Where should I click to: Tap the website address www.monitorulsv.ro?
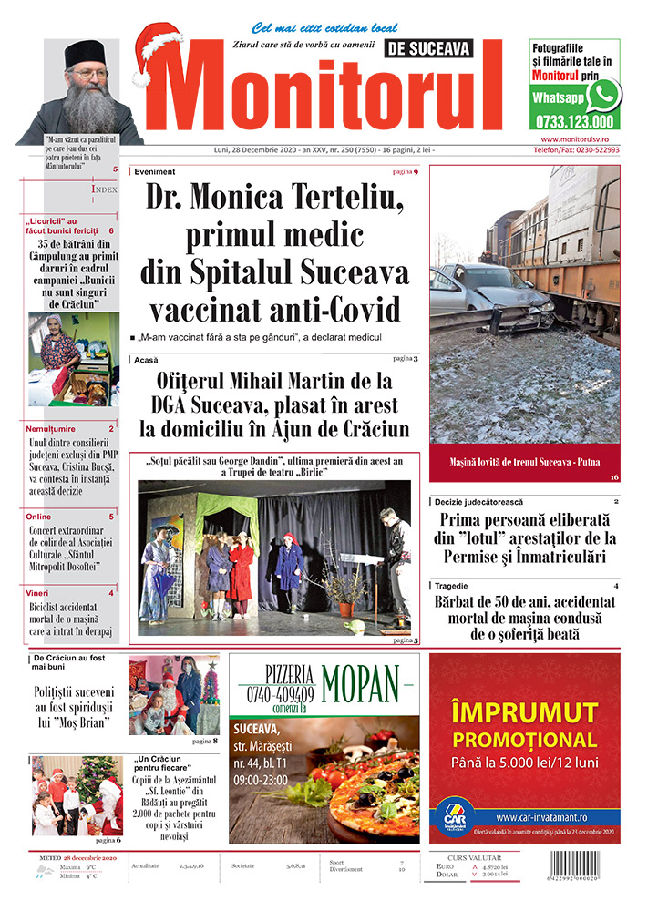pyautogui.click(x=574, y=138)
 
